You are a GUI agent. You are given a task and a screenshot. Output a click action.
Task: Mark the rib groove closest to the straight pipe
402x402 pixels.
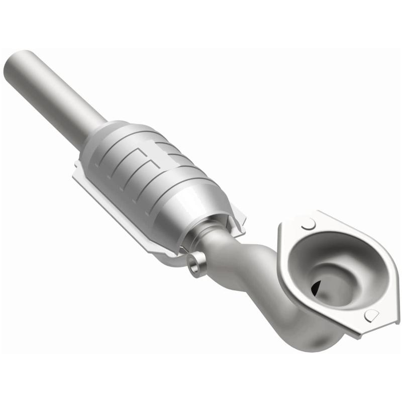pyautogui.click(x=108, y=151)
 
